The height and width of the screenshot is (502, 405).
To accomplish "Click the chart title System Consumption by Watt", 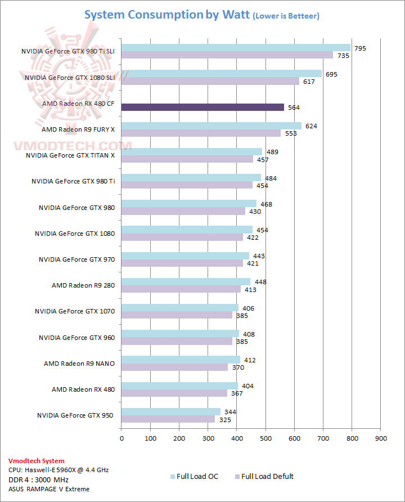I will point(166,15).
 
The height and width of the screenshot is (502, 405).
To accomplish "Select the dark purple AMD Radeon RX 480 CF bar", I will point(202,107).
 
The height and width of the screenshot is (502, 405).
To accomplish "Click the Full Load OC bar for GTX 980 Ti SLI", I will point(236,48).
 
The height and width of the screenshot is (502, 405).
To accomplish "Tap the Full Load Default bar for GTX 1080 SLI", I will point(210,81).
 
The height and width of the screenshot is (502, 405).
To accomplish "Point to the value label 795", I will point(360,48).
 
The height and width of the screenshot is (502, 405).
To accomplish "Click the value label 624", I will point(311,126).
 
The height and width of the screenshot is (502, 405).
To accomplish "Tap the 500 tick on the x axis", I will point(265,437).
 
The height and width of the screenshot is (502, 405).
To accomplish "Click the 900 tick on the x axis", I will point(381,437).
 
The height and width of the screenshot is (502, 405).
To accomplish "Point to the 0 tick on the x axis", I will point(121,437).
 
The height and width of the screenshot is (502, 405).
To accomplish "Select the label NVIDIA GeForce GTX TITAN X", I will point(70,155).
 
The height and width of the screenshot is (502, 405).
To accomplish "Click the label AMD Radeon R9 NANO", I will point(79,364).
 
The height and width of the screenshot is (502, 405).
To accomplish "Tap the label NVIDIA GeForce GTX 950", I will point(75,415).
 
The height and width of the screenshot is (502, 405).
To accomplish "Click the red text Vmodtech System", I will point(36,461).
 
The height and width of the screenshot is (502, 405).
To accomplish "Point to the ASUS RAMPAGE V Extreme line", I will point(48,489).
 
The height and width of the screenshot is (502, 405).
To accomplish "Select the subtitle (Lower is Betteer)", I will point(286,16).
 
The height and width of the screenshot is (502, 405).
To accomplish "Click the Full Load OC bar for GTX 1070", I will point(179,308).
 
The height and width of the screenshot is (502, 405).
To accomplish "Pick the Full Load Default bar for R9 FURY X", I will point(201,133).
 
